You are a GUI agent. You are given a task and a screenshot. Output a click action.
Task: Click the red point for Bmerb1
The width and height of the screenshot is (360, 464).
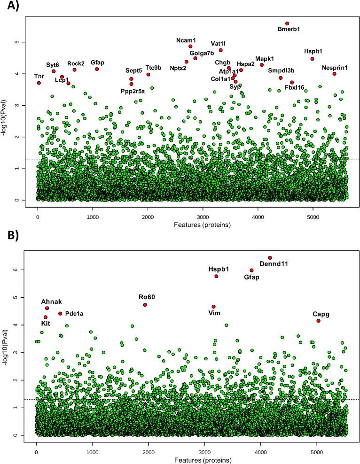click(287, 23)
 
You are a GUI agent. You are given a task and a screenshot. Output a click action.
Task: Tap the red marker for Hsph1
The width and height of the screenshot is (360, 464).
click(312, 59)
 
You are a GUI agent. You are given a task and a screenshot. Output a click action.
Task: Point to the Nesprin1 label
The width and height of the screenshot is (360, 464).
click(335, 68)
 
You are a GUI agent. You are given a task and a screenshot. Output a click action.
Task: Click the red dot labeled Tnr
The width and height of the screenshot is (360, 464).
click(39, 83)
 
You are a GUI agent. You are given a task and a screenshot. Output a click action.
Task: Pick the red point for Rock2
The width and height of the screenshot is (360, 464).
click(75, 70)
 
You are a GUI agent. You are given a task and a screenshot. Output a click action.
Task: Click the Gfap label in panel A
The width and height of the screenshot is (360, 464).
click(97, 62)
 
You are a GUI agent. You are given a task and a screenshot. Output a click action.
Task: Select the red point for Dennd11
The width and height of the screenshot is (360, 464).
click(270, 257)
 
